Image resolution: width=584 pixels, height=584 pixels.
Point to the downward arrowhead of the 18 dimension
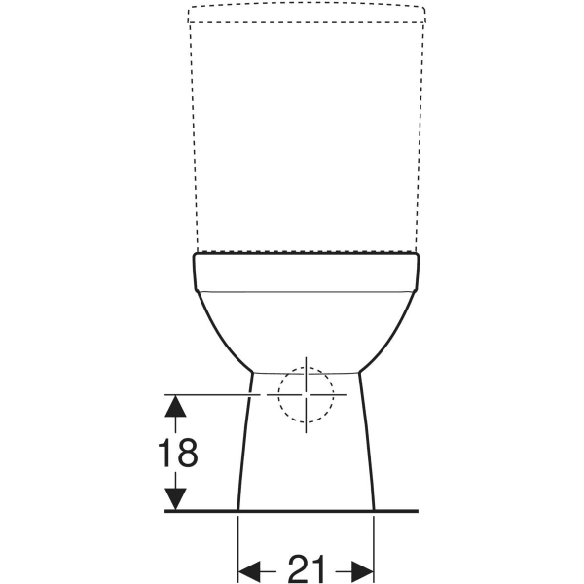point(175,498)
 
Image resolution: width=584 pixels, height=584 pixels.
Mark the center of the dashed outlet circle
point(306,394)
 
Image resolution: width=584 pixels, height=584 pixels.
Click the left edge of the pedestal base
point(243,448)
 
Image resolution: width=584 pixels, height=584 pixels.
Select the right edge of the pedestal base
point(369,448)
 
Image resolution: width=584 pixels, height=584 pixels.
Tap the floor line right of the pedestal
point(397,511)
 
